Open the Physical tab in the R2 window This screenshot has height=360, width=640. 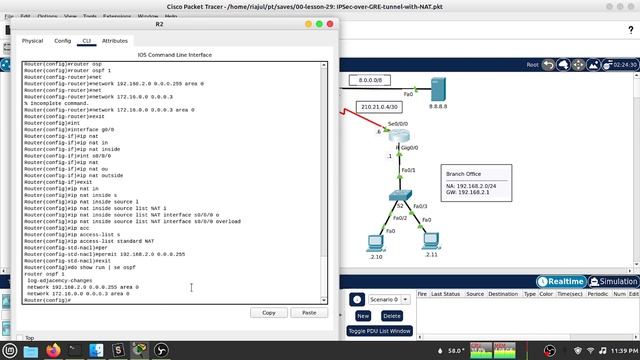click(33, 41)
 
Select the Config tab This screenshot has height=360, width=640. click(62, 41)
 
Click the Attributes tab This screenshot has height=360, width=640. click(115, 41)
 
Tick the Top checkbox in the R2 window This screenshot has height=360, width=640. click(17, 338)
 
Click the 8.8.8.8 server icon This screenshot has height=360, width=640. click(437, 88)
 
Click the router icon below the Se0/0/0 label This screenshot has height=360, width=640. click(400, 136)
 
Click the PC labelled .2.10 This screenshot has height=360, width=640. click(377, 240)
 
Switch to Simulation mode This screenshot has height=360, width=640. click(612, 282)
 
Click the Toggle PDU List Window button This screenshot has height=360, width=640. click(380, 330)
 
